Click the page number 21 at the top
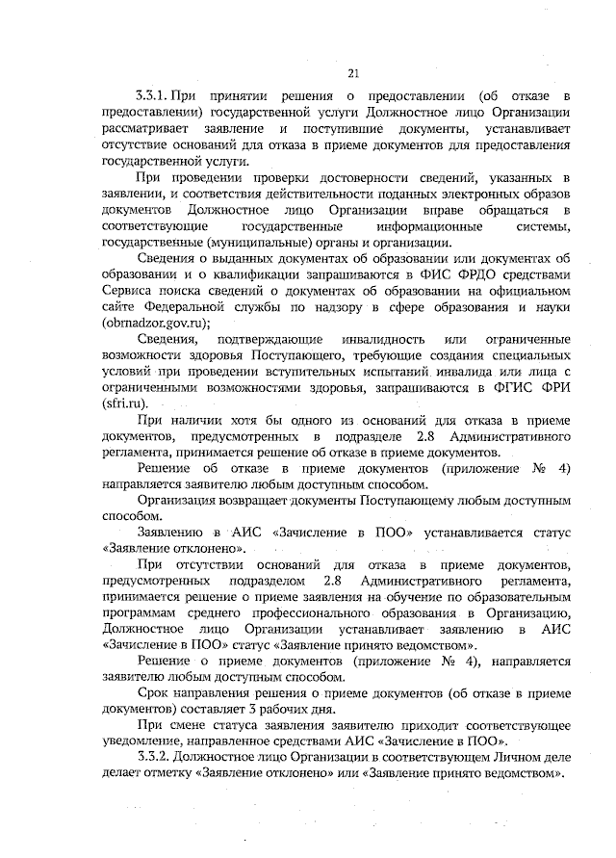click(x=353, y=73)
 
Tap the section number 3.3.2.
click(x=155, y=759)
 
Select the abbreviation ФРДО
click(x=473, y=273)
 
